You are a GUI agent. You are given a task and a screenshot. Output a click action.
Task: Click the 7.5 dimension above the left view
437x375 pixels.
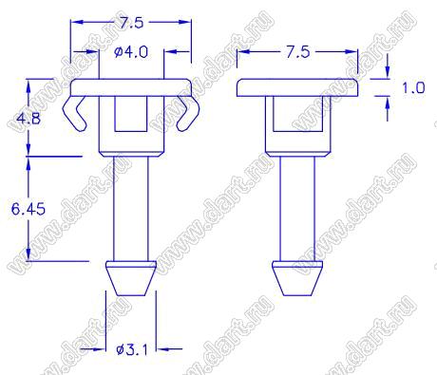point(131,23)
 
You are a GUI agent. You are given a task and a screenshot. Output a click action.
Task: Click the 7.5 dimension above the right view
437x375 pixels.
point(298,52)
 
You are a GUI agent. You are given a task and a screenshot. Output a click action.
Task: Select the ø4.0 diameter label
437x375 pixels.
point(131,52)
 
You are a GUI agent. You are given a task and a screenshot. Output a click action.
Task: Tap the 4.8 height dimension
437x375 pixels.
point(28,119)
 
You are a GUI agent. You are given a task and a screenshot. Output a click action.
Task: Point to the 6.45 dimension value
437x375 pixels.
point(28,209)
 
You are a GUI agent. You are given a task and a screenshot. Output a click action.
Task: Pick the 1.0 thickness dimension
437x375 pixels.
point(413,87)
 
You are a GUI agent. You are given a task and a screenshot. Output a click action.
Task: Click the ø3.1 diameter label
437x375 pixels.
point(132,349)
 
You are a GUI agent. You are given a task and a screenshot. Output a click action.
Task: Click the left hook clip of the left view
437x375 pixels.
point(75,113)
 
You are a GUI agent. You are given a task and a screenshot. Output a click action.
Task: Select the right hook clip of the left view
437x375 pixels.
point(187,113)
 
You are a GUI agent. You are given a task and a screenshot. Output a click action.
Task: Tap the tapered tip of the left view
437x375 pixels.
point(131,278)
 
